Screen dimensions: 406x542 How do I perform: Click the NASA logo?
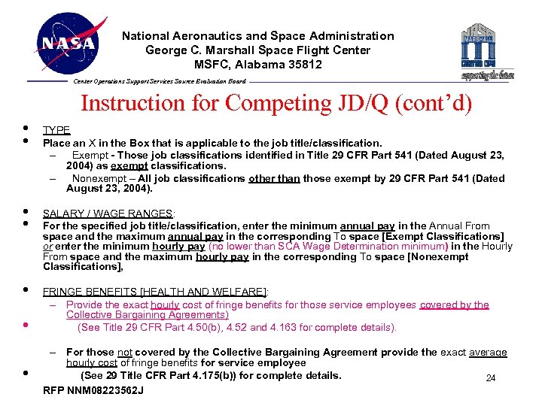click(x=68, y=43)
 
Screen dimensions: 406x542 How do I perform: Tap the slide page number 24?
click(x=490, y=378)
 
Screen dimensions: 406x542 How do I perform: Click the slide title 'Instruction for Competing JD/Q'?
click(x=276, y=103)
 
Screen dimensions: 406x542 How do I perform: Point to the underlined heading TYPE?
click(x=56, y=130)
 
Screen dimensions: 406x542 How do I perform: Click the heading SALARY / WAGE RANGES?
click(x=108, y=214)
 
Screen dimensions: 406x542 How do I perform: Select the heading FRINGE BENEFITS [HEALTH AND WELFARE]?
click(x=155, y=292)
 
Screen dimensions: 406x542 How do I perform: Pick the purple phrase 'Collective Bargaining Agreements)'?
click(x=148, y=315)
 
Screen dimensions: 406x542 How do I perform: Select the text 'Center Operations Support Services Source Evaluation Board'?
click(x=159, y=81)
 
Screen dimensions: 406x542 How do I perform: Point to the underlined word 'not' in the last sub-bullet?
click(x=125, y=352)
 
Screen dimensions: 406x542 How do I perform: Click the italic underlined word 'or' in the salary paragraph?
click(x=48, y=247)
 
